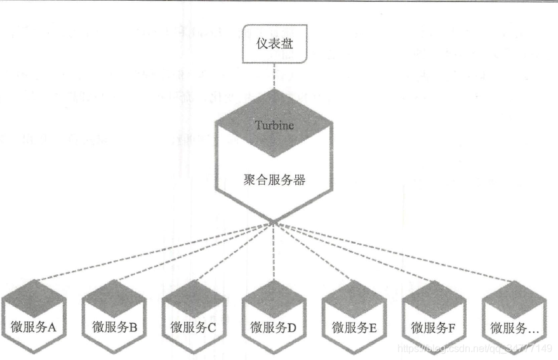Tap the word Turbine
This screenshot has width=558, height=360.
coord(274,125)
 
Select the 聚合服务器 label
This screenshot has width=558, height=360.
coord(274,180)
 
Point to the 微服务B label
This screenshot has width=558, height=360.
coord(115,328)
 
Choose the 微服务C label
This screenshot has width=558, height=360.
coord(194,328)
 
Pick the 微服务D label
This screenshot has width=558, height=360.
coord(274,328)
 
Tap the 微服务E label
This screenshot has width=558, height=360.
coord(354,328)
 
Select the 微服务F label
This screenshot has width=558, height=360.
coord(434,328)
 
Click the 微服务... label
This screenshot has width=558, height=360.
coord(514,328)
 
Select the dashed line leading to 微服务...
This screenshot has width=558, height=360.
coord(394,251)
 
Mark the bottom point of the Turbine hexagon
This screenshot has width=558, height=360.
coord(274,222)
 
